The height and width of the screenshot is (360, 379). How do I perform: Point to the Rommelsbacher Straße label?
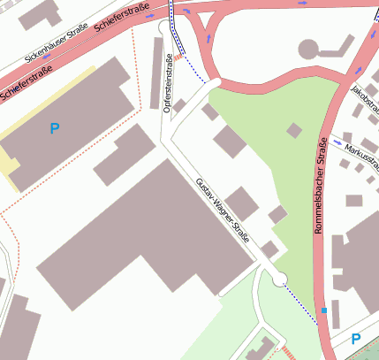tap(320, 183)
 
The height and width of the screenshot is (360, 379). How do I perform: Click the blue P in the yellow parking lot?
tap(55, 129)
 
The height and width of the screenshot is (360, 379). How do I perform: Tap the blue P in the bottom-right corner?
tap(356, 339)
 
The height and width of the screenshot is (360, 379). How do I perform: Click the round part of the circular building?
tap(309, 49)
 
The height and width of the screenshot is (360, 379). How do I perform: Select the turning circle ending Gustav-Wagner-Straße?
tap(280, 280)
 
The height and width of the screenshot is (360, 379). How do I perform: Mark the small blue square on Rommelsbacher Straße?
tap(324, 310)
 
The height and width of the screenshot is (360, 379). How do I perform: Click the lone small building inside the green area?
tap(294, 130)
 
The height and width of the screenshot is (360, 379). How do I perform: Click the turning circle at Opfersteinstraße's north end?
tap(164, 27)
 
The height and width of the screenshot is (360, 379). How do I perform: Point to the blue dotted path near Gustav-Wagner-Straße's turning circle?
tap(300, 303)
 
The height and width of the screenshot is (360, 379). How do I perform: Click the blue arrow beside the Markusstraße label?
tap(337, 142)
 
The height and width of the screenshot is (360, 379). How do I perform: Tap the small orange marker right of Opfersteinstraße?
tap(177, 58)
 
